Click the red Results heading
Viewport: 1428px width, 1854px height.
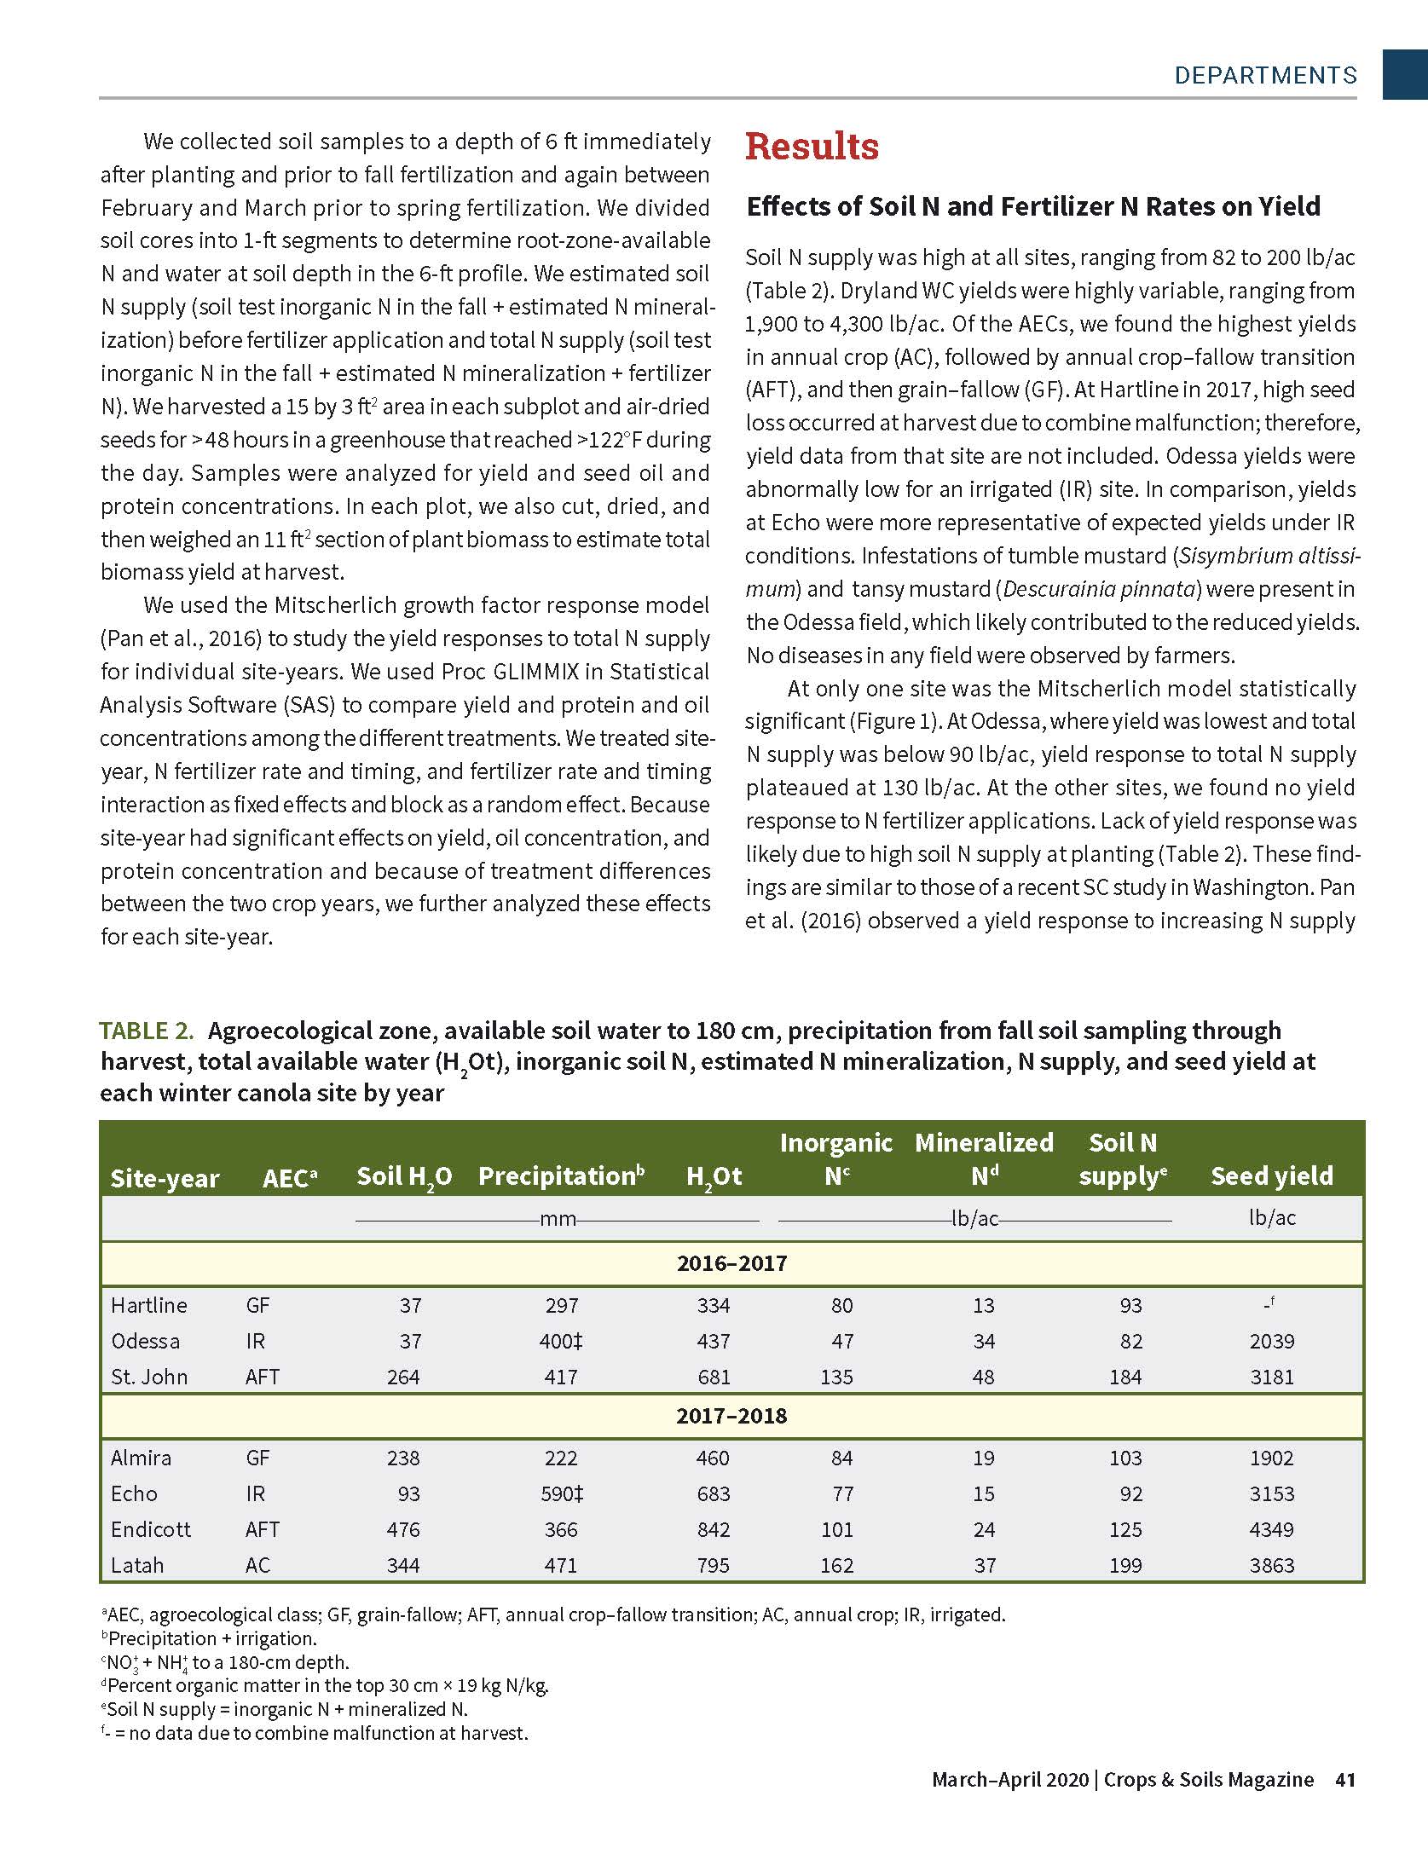(x=812, y=147)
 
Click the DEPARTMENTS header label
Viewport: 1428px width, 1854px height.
(x=1265, y=76)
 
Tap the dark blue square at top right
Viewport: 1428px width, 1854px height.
(x=1404, y=74)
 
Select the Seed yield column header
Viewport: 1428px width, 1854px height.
(x=1271, y=1176)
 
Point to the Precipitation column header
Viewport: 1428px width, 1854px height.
(x=561, y=1176)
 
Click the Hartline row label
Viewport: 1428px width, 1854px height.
(x=149, y=1305)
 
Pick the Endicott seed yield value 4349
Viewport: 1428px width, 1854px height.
(x=1271, y=1529)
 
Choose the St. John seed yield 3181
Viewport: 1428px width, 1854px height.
(x=1271, y=1377)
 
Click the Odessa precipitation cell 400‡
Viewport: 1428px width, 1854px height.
(x=561, y=1341)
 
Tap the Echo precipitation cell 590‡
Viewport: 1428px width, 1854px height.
(x=561, y=1493)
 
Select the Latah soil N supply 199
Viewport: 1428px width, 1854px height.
(x=1125, y=1565)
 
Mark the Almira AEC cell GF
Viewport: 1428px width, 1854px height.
(x=257, y=1458)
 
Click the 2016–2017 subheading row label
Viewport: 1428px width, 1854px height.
(x=731, y=1263)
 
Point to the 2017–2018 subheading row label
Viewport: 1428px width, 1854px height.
(x=731, y=1416)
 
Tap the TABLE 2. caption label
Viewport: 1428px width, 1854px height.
(x=147, y=1031)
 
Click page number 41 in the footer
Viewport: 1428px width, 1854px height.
(x=1345, y=1780)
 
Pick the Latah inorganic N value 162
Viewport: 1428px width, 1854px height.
(x=836, y=1565)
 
